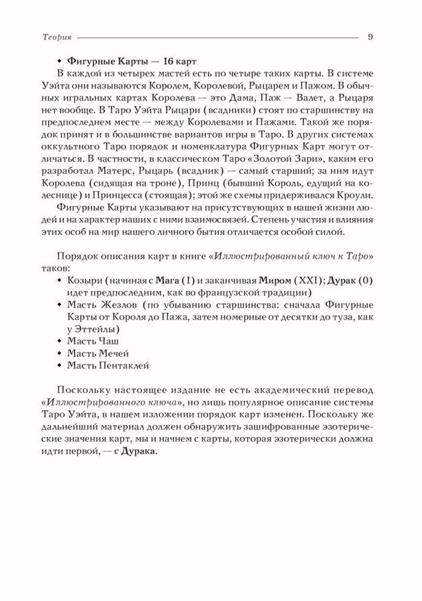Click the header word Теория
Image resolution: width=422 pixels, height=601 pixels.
pyautogui.click(x=57, y=37)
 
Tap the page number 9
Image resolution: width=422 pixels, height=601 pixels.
pyautogui.click(x=371, y=37)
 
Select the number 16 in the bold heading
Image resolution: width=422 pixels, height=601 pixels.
pyautogui.click(x=168, y=61)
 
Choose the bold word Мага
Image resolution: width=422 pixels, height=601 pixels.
pyautogui.click(x=168, y=281)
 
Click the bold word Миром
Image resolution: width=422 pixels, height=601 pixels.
pyautogui.click(x=275, y=281)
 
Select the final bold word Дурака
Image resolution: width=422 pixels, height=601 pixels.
pyautogui.click(x=138, y=451)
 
